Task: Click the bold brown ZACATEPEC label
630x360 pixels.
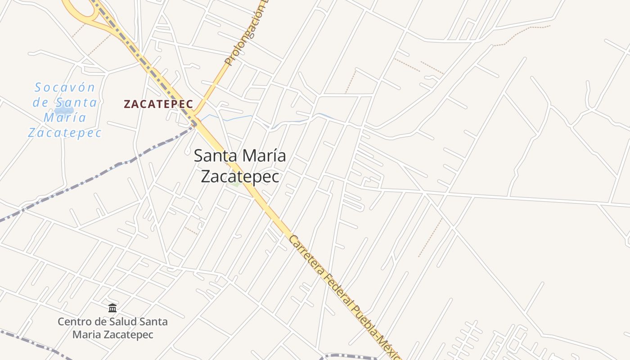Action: click(x=158, y=104)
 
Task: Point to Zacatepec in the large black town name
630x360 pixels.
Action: click(x=240, y=176)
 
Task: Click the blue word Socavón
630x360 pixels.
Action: click(x=65, y=87)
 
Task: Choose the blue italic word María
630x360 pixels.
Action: click(x=65, y=117)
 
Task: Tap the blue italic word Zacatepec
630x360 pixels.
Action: click(x=65, y=133)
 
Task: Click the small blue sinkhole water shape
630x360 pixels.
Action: click(x=64, y=110)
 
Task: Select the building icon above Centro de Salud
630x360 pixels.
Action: click(x=112, y=308)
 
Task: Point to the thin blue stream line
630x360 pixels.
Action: click(x=234, y=118)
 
